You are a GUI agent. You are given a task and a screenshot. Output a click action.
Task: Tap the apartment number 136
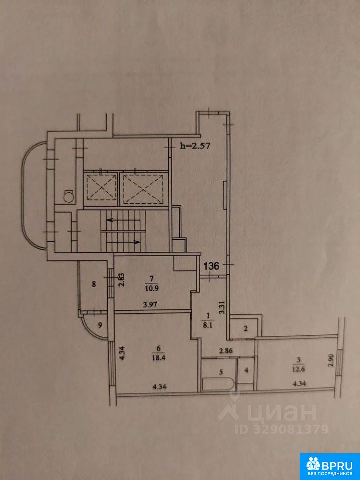(x=211, y=266)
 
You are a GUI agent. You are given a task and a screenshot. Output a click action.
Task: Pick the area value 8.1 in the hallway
(x=211, y=325)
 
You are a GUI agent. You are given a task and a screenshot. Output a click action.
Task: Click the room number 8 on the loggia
(x=94, y=284)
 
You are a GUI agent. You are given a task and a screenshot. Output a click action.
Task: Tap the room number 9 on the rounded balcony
(x=100, y=325)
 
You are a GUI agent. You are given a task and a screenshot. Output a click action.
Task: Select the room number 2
(x=245, y=329)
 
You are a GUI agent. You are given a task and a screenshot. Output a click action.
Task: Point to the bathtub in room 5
(x=219, y=384)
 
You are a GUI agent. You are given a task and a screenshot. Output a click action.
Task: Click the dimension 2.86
(x=225, y=351)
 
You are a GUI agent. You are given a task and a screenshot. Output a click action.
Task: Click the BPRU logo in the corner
(x=330, y=466)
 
